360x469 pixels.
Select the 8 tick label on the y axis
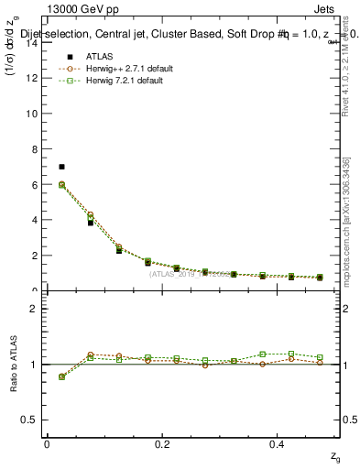tap(33, 149)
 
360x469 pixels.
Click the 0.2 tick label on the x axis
tap(163, 444)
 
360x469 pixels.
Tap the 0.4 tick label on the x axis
tap(279, 444)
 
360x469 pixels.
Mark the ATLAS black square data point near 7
tap(61, 167)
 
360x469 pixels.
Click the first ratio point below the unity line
tap(61, 376)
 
